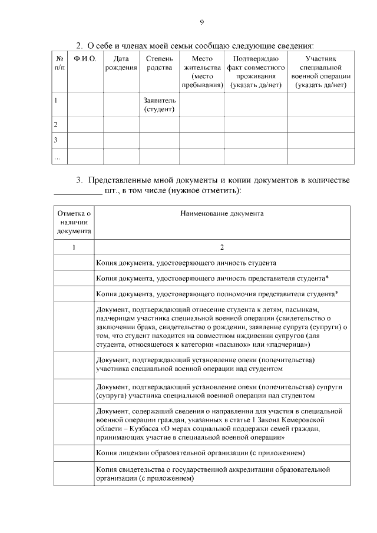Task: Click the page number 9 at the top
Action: click(201, 22)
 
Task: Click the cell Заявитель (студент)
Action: click(159, 105)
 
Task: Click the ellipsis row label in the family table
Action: click(57, 157)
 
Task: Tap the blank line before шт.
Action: click(77, 191)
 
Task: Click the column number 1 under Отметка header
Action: click(74, 247)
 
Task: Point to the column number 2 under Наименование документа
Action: click(221, 247)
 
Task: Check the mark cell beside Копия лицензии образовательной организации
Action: click(74, 453)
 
